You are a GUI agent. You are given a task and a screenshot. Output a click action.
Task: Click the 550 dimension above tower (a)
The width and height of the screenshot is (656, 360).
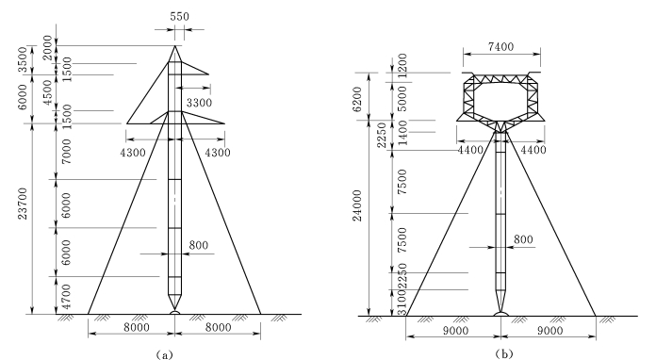[x=179, y=16]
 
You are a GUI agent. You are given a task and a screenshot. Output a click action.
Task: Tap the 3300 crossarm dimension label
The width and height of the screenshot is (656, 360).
[x=199, y=103]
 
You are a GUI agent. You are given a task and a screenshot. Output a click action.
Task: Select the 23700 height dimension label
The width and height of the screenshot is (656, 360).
[x=23, y=204]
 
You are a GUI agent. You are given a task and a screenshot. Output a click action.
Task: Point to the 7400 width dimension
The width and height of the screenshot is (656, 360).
[x=500, y=46]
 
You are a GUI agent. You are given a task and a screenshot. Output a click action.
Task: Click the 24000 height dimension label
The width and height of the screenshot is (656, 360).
[x=357, y=205]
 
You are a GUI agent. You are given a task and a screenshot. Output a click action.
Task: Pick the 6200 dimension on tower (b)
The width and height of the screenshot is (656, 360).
[x=357, y=100]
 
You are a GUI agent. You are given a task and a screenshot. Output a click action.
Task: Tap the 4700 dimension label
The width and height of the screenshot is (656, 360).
[x=66, y=296]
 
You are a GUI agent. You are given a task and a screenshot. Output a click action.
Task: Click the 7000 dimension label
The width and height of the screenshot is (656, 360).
[x=66, y=152]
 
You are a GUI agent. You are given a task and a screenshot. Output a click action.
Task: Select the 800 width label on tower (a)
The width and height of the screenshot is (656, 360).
[x=198, y=245]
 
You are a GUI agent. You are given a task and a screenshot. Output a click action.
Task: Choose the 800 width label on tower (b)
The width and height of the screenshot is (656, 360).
[x=523, y=239]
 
